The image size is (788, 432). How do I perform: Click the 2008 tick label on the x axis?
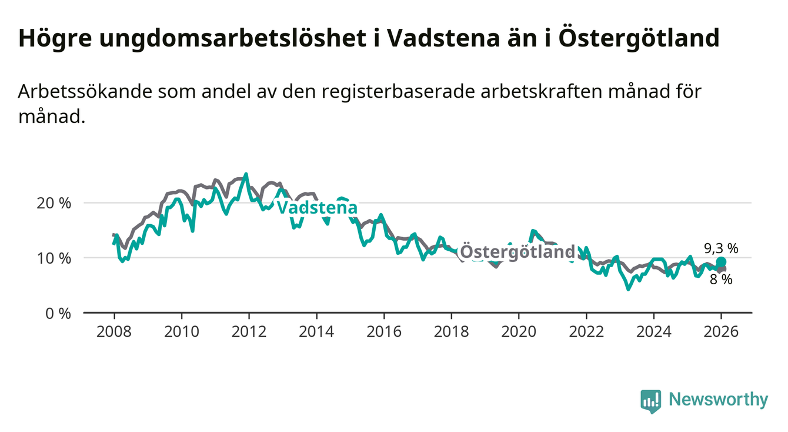click(114, 331)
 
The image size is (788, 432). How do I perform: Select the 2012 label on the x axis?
click(249, 331)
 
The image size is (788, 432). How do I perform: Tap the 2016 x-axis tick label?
click(383, 331)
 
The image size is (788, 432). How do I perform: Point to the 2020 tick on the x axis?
click(518, 331)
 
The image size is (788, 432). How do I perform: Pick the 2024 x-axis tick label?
click(653, 331)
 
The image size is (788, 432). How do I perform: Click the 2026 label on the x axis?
click(721, 331)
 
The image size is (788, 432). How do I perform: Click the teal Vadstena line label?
click(316, 208)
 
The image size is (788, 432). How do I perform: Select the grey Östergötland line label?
click(517, 252)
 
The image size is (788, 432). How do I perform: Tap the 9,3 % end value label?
click(720, 248)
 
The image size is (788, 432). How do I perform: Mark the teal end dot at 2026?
click(721, 262)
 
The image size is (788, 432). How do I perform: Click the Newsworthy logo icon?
click(650, 400)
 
